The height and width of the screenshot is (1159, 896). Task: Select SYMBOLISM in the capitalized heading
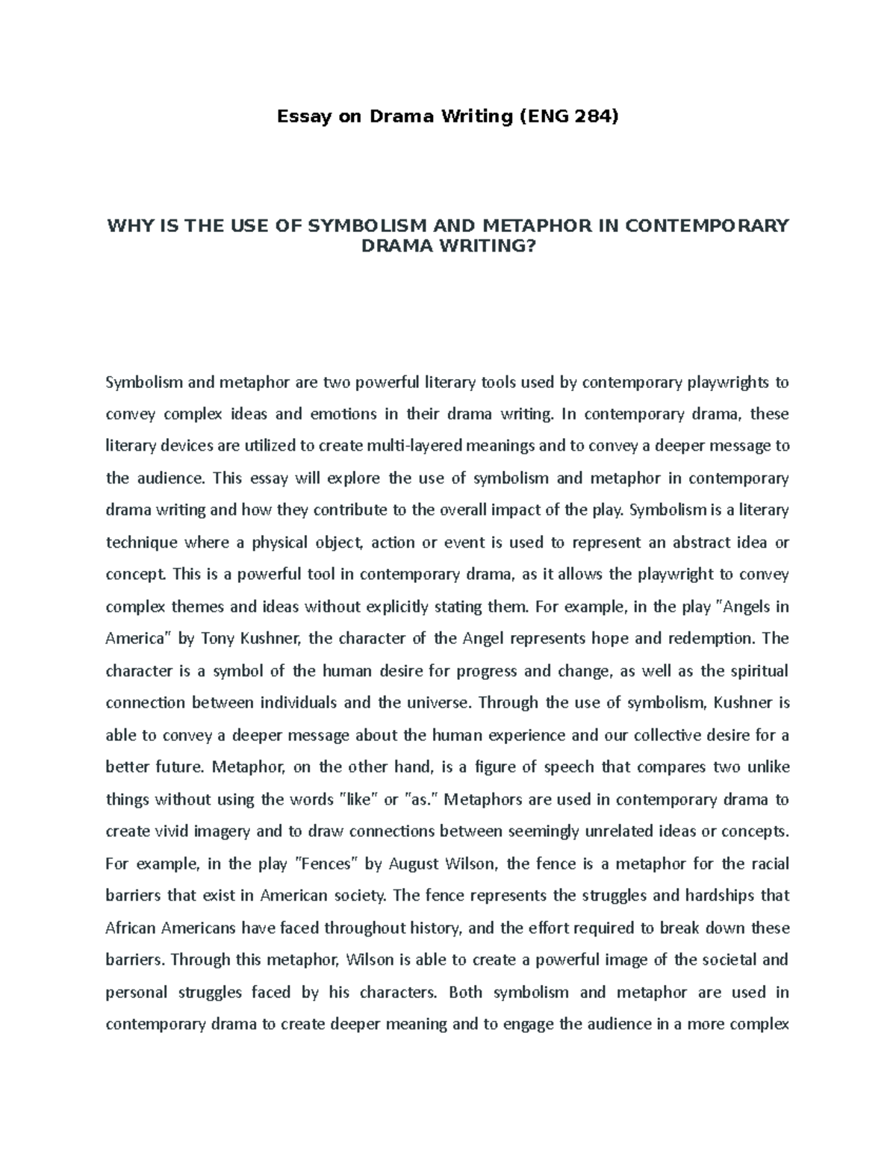point(367,226)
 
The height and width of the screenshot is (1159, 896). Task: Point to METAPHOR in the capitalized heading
point(540,226)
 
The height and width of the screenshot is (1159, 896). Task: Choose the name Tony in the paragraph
point(219,639)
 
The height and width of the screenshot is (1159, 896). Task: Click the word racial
point(769,864)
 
